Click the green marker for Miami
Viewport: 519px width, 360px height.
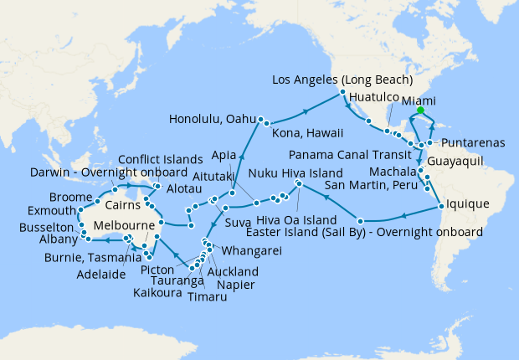tap(420, 110)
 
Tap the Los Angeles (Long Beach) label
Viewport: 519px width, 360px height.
tap(343, 80)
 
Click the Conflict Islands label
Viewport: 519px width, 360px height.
tap(159, 159)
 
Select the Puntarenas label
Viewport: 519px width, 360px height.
tap(473, 142)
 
